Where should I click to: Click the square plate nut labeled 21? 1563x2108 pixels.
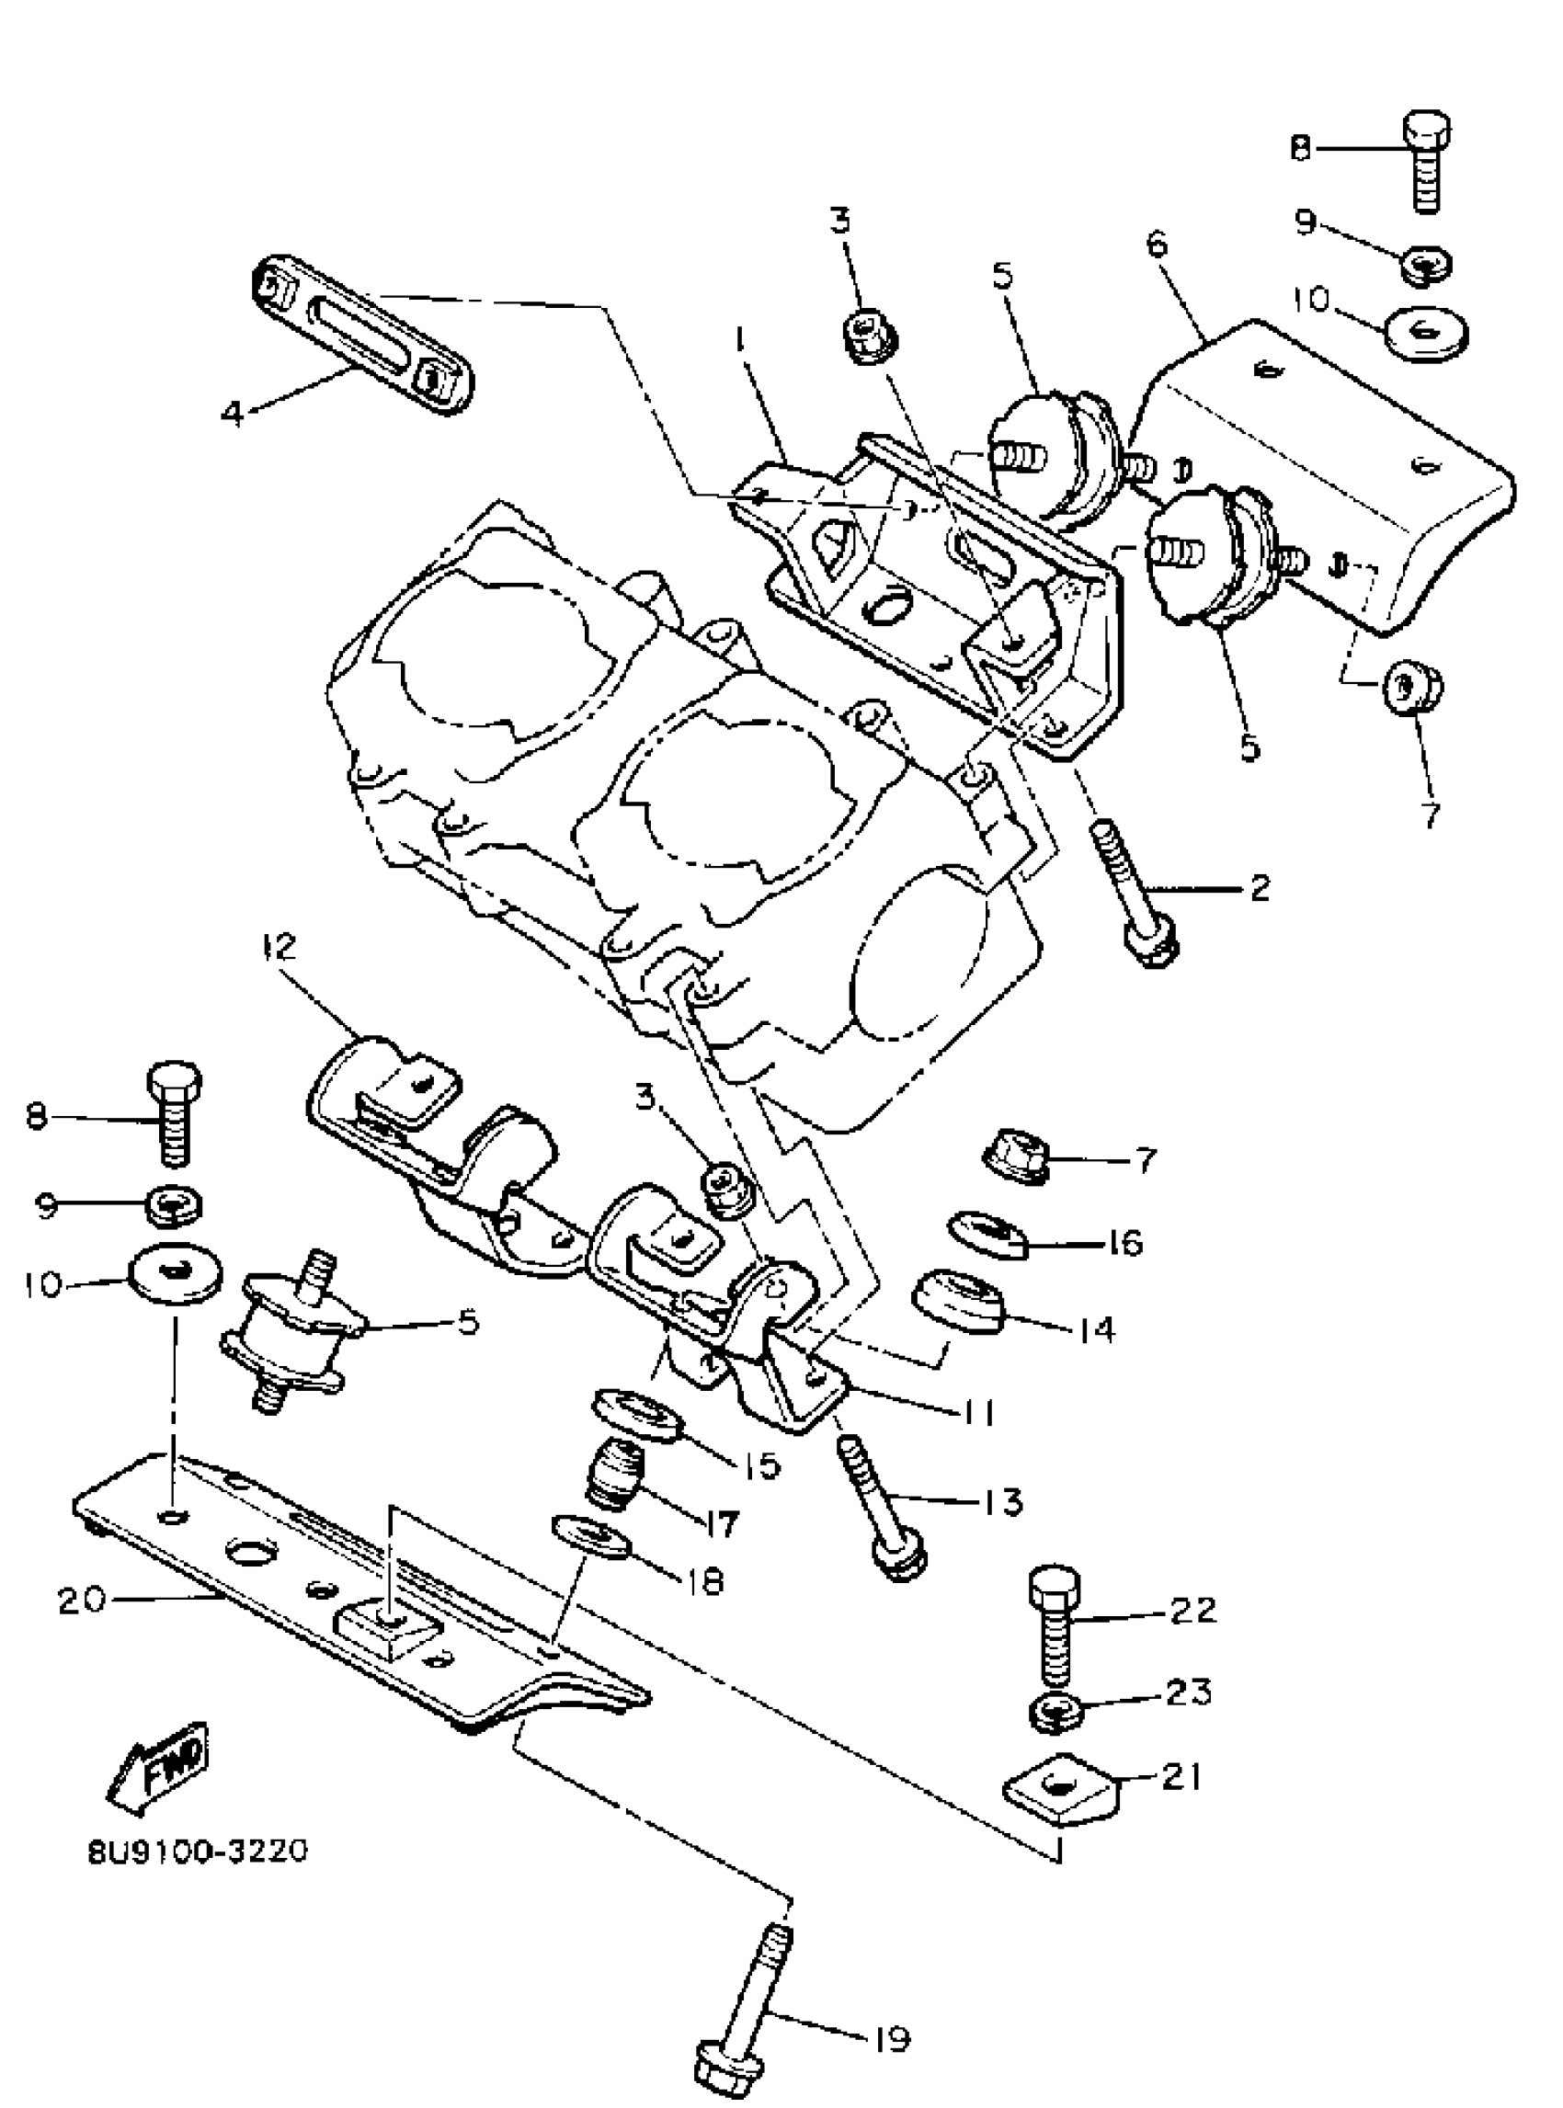click(1060, 1786)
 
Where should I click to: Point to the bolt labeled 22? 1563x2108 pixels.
click(1052, 1627)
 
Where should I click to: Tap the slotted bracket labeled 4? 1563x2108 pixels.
click(363, 333)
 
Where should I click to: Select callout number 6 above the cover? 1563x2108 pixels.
click(1157, 245)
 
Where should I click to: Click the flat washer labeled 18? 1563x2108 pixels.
click(592, 1537)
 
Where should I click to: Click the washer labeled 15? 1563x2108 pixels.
click(636, 1416)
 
